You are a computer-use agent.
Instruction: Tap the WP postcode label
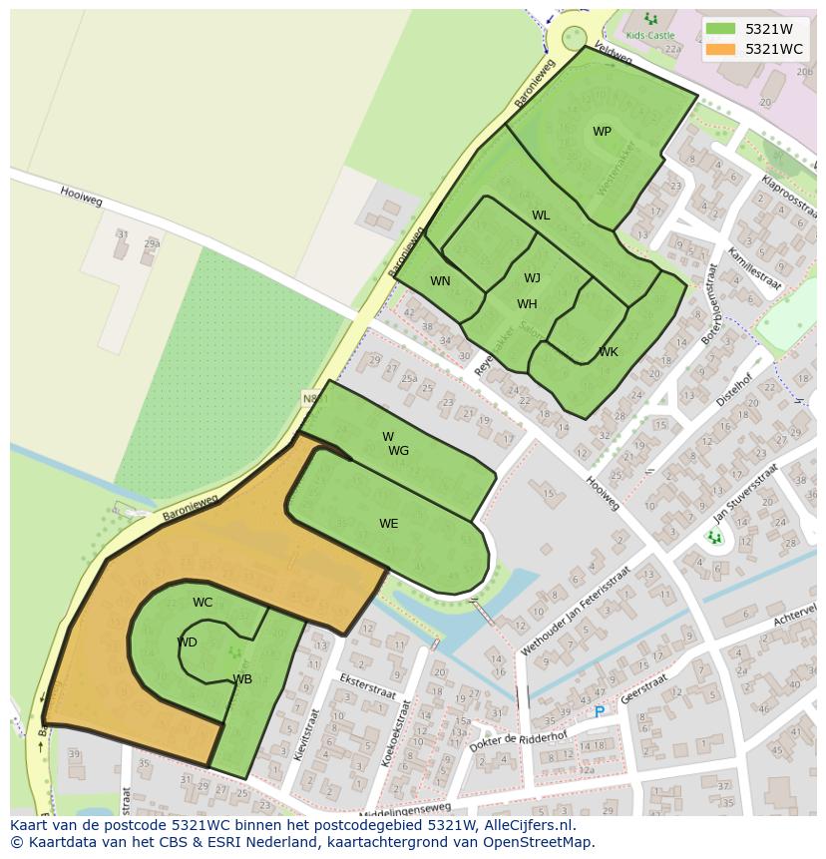(x=602, y=132)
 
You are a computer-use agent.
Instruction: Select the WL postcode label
(x=541, y=215)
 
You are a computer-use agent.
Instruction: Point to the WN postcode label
(x=440, y=281)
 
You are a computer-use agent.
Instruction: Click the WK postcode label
(x=609, y=352)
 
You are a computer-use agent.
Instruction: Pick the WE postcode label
(x=388, y=524)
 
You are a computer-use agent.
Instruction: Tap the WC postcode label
(x=203, y=603)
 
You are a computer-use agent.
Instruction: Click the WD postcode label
(x=187, y=643)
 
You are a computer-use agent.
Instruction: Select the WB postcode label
(x=242, y=679)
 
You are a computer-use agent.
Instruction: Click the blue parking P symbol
(x=600, y=712)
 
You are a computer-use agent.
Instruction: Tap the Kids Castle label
(x=649, y=35)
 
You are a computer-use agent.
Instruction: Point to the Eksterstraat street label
(x=368, y=687)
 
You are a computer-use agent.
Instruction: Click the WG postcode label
(x=399, y=451)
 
